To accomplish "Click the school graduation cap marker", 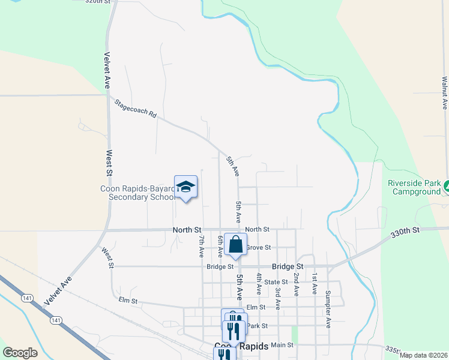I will coord(186,187).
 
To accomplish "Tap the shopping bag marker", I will coord(235,245).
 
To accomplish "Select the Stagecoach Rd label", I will coord(136,108).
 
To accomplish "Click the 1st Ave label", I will coord(314,283).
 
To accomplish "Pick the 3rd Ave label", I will coord(278,298).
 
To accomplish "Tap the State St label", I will coord(276,281).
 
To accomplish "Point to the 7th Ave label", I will coord(202,247).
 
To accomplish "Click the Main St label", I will coord(282,345).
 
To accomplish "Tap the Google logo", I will coord(20,353).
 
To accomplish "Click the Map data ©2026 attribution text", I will coord(424,355).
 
